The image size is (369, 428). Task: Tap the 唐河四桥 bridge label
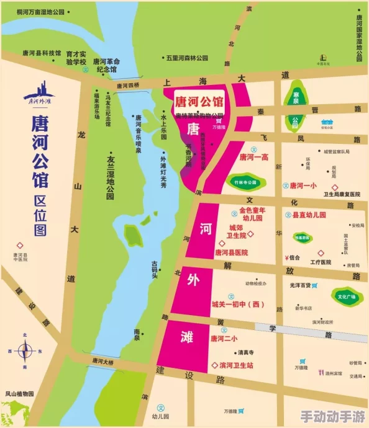(129, 85)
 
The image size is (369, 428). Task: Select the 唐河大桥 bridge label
(103, 361)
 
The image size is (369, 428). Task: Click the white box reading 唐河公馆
(199, 101)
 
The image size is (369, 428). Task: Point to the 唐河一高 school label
(253, 158)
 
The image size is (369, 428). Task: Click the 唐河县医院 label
(231, 252)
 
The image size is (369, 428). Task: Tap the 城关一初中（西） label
(238, 304)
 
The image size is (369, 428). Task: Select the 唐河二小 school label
(224, 338)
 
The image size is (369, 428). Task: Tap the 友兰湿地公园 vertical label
(110, 177)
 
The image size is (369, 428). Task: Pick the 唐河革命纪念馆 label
(106, 65)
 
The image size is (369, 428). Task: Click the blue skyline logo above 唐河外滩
(39, 94)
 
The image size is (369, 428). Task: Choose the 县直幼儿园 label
(309, 215)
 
